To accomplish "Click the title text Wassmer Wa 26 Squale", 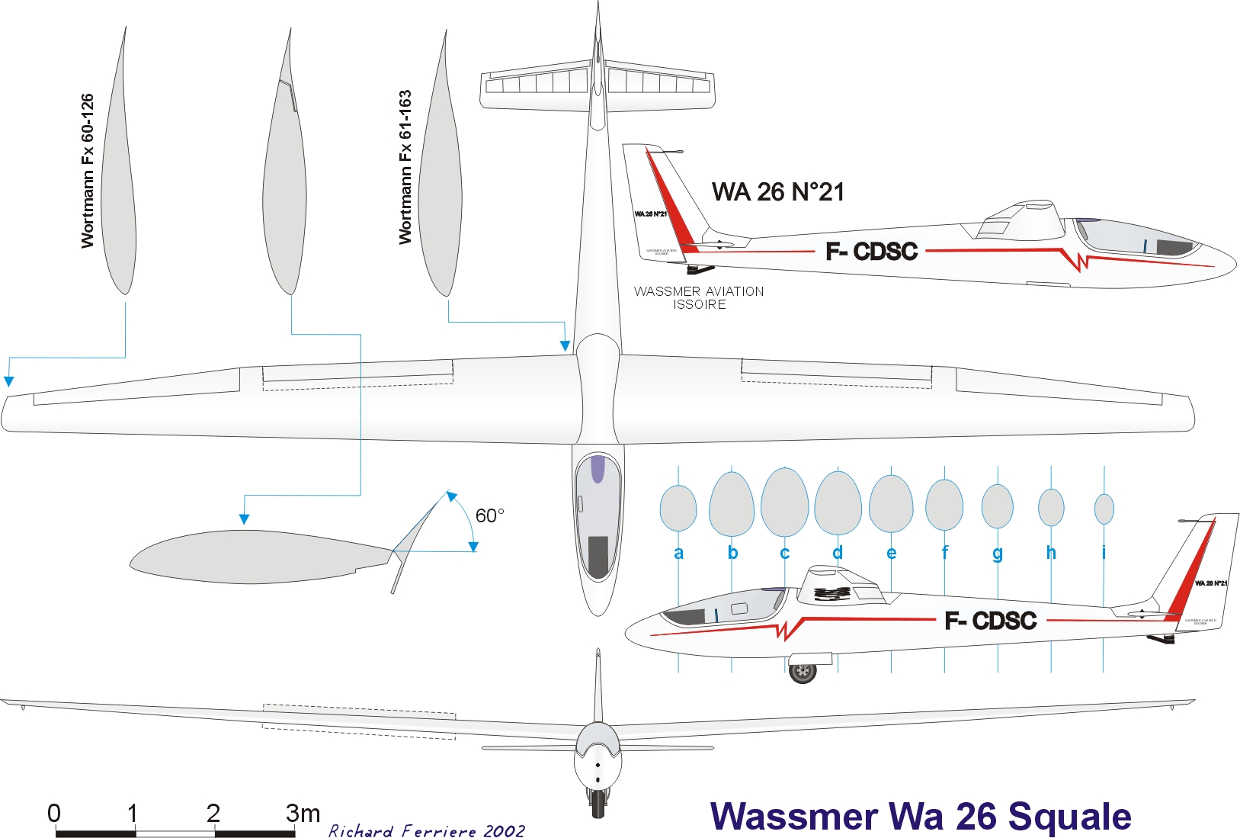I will point(921,816).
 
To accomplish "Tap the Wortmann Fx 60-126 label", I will point(88,171).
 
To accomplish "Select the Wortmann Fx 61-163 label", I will point(405,167).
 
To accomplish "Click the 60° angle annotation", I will point(489,516).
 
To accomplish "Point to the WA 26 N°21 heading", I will point(778,192).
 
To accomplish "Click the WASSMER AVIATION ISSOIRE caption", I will point(699,297).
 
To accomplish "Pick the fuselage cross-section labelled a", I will point(678,509).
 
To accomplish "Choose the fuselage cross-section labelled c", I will point(785,502).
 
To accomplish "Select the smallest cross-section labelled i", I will point(1104,509).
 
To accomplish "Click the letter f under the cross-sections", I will point(945,553).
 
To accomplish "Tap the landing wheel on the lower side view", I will point(803,672).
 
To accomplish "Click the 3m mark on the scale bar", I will point(303,814).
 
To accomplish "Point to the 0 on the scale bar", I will point(54,814).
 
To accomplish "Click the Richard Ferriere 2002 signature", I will point(427,830).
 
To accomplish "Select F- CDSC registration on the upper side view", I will point(871,251).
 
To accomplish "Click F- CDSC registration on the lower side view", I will point(990,621).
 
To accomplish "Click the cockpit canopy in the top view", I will point(598,519).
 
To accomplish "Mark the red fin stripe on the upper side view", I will point(674,206).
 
